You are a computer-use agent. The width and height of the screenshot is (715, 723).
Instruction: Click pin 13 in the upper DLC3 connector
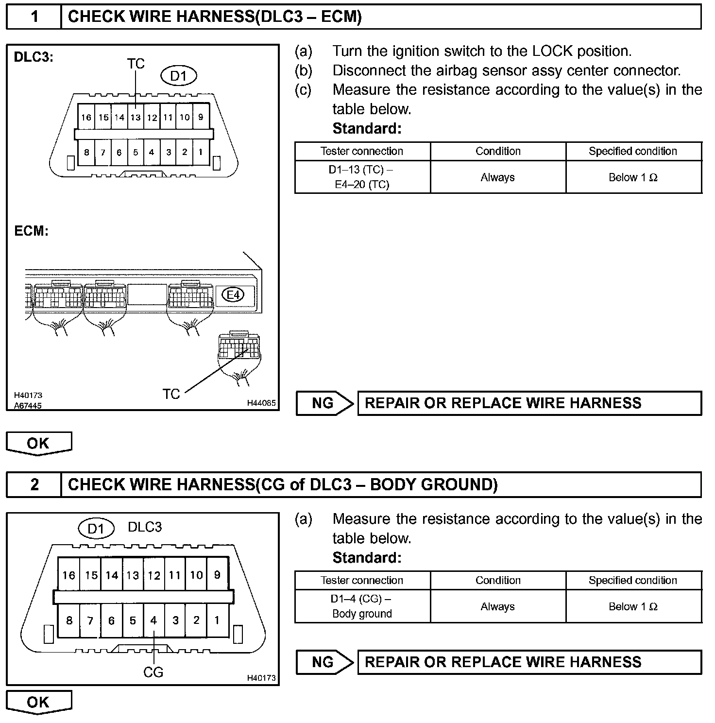[136, 117]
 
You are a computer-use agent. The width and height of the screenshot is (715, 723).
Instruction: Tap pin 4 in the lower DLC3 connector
[153, 620]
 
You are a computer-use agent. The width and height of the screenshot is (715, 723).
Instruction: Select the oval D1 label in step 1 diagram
[179, 76]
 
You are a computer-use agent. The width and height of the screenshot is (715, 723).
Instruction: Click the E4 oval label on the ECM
[234, 294]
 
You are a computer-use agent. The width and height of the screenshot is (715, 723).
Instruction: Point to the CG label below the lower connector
[153, 672]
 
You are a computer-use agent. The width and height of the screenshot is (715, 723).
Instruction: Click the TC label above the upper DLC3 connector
[136, 64]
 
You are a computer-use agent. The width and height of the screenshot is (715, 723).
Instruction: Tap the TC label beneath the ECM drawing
[171, 394]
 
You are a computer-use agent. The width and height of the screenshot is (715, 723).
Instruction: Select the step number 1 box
[34, 17]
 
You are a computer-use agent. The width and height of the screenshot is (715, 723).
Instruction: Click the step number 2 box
[34, 485]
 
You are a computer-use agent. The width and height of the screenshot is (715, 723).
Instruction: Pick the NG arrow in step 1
[324, 403]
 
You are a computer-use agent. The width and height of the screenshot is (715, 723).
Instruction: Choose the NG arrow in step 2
[324, 662]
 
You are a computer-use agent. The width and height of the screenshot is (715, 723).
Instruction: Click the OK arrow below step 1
[38, 443]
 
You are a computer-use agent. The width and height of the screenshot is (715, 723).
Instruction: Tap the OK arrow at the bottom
[38, 702]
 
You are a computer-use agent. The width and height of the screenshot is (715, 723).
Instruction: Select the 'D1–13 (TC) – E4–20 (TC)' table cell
[362, 177]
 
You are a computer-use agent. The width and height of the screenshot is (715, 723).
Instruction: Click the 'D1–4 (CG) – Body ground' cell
[362, 606]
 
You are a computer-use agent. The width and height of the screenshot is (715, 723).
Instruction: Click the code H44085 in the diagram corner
[261, 403]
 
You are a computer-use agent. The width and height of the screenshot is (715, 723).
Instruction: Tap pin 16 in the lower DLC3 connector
[68, 575]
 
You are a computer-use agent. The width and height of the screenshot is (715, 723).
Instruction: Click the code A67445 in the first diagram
[28, 405]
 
